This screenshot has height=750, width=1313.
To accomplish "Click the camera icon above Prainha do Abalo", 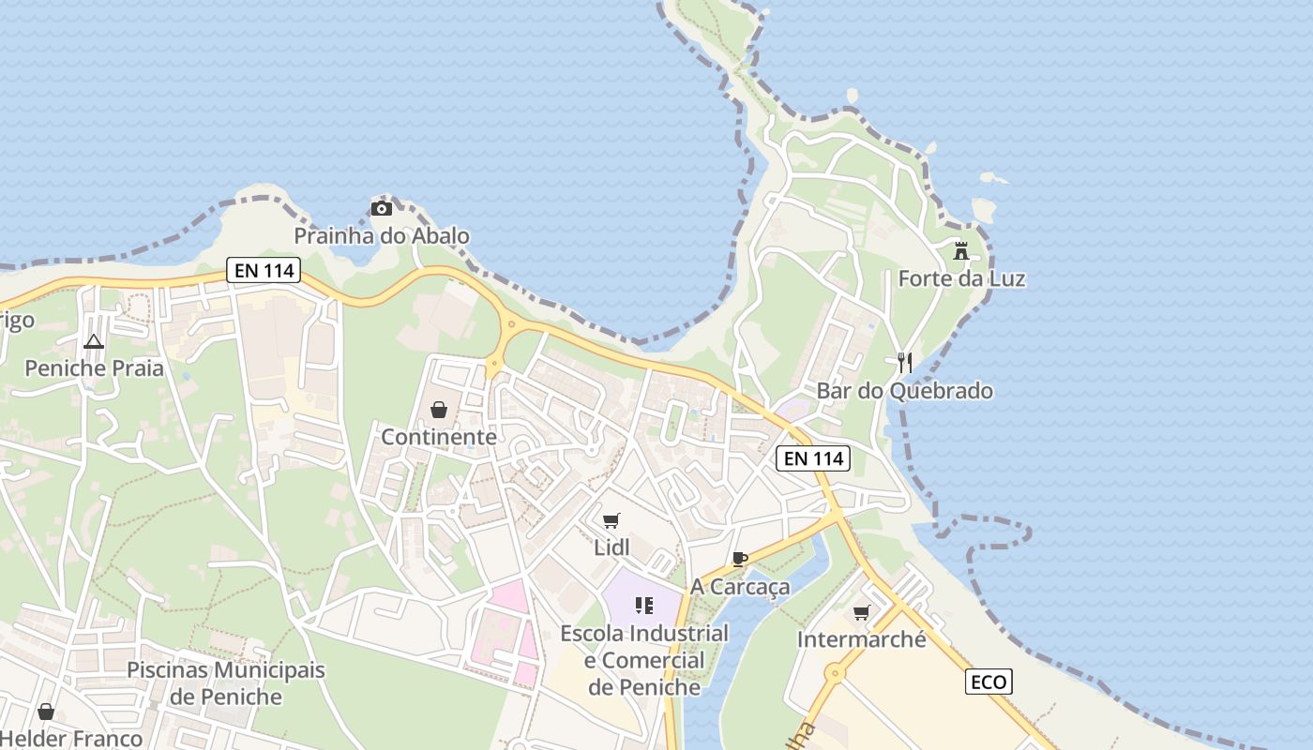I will (381, 208).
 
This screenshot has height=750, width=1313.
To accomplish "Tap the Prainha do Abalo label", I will (382, 235).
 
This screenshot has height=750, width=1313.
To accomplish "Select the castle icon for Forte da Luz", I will (961, 251).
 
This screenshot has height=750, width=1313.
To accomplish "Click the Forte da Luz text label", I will (961, 278).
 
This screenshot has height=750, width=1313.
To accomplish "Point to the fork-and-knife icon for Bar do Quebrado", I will (905, 363).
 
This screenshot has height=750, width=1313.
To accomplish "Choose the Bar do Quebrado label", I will (905, 390).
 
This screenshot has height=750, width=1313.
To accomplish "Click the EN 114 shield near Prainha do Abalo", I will (264, 271).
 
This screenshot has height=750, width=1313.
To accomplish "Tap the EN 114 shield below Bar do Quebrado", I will (813, 458).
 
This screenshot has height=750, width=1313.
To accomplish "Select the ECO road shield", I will (989, 682).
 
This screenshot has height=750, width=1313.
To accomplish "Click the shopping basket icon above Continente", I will (438, 410).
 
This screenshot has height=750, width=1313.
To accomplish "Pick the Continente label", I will (438, 437).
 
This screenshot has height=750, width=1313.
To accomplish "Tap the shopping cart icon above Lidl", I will (611, 520).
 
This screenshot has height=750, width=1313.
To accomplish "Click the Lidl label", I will (611, 547).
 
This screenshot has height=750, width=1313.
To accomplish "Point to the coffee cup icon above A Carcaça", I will (740, 560).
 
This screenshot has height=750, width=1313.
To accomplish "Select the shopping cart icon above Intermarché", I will (862, 613).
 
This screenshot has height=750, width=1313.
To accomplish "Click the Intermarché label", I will (861, 639).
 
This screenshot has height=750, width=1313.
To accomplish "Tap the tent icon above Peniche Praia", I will (93, 341).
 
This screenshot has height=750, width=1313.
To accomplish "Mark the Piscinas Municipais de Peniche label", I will (226, 683).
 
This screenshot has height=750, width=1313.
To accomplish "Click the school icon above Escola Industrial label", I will (643, 606).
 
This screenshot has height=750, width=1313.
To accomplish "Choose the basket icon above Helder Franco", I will (46, 712).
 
